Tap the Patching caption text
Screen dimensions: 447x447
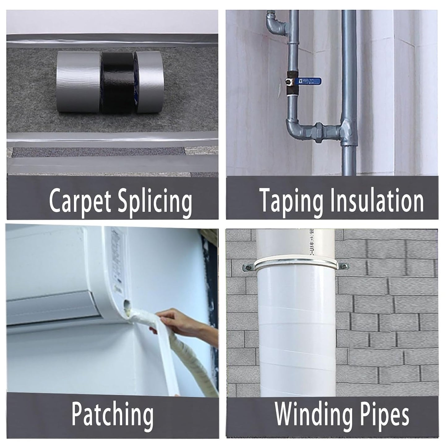[x=112, y=415]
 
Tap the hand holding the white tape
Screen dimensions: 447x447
[x=173, y=322]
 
